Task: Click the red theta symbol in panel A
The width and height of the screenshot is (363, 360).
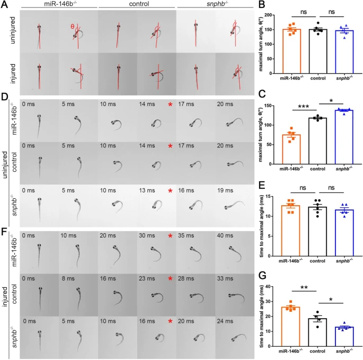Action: [73, 26]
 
